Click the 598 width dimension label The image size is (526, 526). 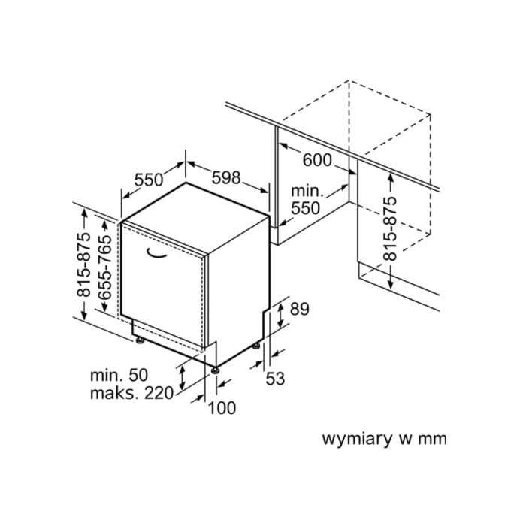pyautogui.click(x=226, y=177)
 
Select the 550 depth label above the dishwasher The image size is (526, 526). pyautogui.click(x=149, y=180)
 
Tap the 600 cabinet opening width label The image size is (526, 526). pyautogui.click(x=317, y=160)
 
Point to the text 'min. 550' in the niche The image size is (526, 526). pyautogui.click(x=307, y=200)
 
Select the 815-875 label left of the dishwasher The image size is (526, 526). pyautogui.click(x=84, y=265)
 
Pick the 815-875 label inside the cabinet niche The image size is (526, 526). pyautogui.click(x=390, y=228)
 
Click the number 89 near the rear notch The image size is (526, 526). pyautogui.click(x=300, y=309)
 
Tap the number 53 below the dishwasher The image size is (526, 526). pyautogui.click(x=275, y=379)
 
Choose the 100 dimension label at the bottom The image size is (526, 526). pyautogui.click(x=222, y=408)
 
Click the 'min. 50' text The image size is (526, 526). pyautogui.click(x=119, y=375)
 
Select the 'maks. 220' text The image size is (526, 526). pyautogui.click(x=131, y=393)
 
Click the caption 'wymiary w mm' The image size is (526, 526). pyautogui.click(x=384, y=439)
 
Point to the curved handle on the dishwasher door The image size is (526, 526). pyautogui.click(x=156, y=254)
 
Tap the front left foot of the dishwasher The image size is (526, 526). pyautogui.click(x=140, y=341)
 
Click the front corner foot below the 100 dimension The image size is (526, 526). pyautogui.click(x=215, y=370)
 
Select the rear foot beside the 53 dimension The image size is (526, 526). pyautogui.click(x=256, y=346)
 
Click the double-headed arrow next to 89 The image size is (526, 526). pyautogui.click(x=280, y=315)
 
